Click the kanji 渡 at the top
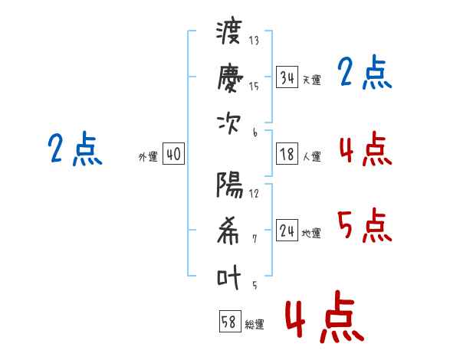pos(229,34)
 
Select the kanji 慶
pos(229,77)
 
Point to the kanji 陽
pos(229,185)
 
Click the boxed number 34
pos(287,77)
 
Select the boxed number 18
pos(287,154)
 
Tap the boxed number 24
pos(287,231)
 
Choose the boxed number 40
pos(173,154)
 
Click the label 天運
pos(311,80)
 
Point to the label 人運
pos(311,156)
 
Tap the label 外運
pos(147,156)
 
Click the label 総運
pos(255,324)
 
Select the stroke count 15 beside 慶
pos(254,86)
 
